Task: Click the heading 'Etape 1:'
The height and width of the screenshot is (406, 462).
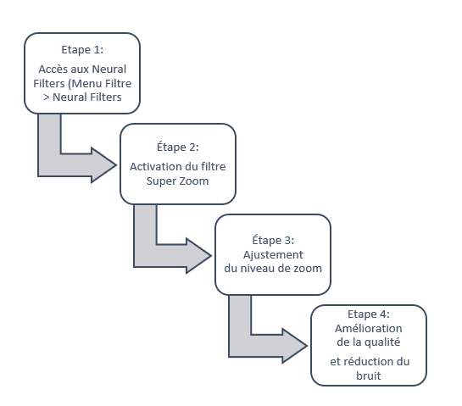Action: tap(82, 50)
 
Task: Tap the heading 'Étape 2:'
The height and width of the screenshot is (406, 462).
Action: tap(178, 147)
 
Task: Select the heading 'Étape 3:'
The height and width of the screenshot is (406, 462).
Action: tap(273, 240)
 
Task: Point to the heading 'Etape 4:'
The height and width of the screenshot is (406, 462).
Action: tap(369, 314)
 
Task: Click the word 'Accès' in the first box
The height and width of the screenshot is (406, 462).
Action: tap(50, 70)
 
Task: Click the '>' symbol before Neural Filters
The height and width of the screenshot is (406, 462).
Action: tap(46, 97)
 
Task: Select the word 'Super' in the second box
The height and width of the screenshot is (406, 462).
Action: tap(159, 181)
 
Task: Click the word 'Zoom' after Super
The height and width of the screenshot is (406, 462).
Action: tap(194, 181)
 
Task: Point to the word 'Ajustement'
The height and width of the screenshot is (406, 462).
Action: tap(273, 255)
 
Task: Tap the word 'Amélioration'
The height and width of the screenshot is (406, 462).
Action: tap(368, 328)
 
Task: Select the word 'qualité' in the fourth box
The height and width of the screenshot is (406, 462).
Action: tap(382, 342)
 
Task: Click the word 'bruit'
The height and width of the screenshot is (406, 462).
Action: tap(368, 376)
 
